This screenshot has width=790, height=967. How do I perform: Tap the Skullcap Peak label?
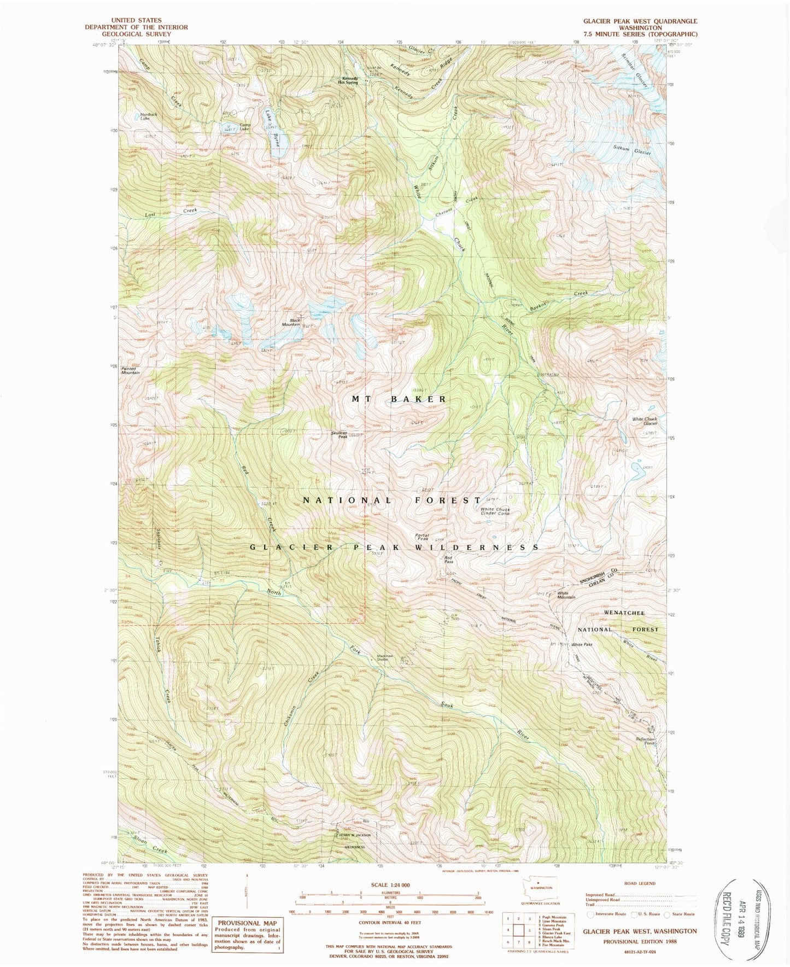tap(339, 435)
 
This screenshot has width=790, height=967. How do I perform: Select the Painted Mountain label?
tap(131, 370)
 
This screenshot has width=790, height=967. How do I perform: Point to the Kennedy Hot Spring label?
tap(350, 80)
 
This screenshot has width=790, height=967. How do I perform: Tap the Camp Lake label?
tap(244, 126)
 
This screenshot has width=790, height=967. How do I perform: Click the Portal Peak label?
tap(422, 537)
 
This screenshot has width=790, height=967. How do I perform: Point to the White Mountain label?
tap(566, 595)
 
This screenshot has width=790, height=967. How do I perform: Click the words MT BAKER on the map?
tap(399, 399)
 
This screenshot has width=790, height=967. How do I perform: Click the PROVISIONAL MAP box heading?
tap(246, 921)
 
